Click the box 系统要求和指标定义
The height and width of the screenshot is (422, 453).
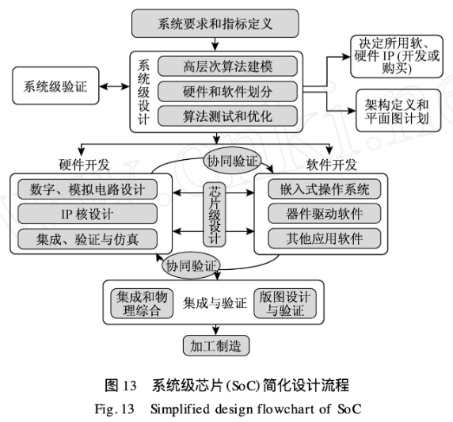coord(215,24)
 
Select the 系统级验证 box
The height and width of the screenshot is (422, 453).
coord(55,86)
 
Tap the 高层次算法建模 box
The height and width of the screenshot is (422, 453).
coord(227,67)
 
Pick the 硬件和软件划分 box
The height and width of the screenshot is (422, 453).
coord(227,92)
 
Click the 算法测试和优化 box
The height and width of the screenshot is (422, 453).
coord(227,116)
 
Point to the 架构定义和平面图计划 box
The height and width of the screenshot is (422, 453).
coord(398,111)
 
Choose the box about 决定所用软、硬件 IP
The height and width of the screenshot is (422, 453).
coord(397,57)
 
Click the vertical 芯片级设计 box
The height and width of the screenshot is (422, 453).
coord(215,215)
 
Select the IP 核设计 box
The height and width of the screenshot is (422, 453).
coord(88,214)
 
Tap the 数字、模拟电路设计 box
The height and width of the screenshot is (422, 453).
coord(88,189)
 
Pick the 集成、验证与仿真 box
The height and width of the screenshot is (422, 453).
coord(88,239)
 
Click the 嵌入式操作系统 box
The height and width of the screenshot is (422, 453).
coord(325,189)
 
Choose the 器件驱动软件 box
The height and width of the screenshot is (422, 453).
coord(325,214)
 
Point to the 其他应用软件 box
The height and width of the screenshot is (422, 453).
coord(325,238)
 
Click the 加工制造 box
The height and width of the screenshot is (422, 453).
coord(216,346)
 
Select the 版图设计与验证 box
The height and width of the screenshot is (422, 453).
coord(285,303)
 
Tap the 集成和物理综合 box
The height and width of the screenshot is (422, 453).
coord(142,303)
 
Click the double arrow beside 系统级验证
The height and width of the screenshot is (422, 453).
coord(114,86)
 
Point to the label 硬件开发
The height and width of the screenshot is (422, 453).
coord(84,165)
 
